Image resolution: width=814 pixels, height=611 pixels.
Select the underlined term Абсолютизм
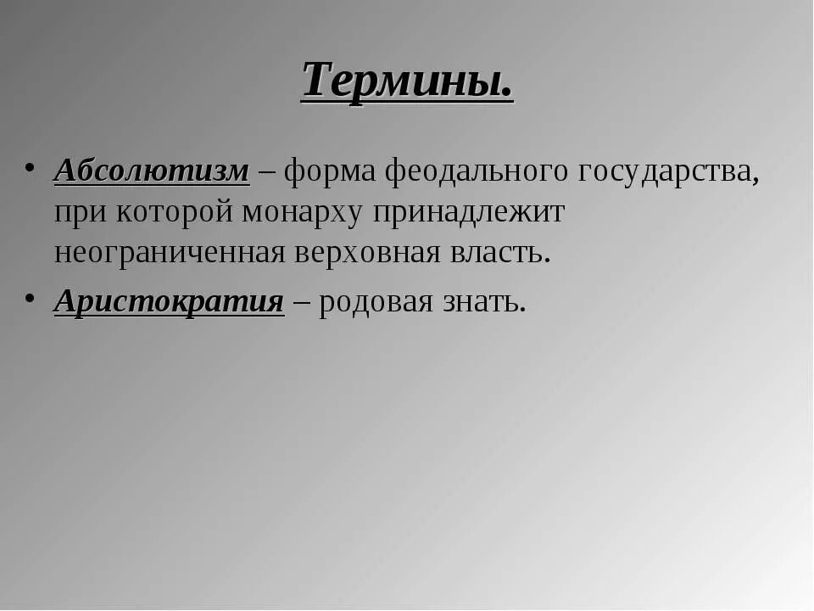coord(152,171)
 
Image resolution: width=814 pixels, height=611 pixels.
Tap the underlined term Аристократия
coord(169,301)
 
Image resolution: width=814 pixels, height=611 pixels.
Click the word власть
coord(491,254)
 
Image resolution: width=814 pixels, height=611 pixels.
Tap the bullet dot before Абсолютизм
coord(30,165)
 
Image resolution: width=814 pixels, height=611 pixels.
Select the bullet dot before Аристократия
coord(30,295)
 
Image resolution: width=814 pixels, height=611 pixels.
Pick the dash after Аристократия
coord(300,303)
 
